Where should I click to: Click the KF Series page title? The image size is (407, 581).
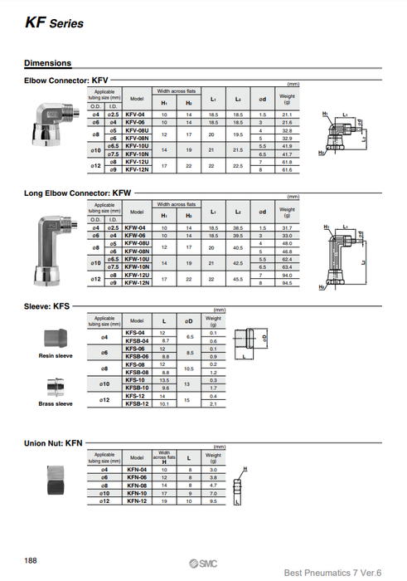click(x=54, y=23)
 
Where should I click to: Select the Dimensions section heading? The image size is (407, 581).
click(x=47, y=63)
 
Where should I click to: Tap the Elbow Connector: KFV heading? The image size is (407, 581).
click(x=66, y=81)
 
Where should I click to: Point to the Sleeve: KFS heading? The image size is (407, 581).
click(x=47, y=306)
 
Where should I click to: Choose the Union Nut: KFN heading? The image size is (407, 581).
click(x=54, y=442)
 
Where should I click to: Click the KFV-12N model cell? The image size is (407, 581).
click(x=137, y=170)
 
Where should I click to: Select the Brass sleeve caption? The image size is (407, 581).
click(x=56, y=404)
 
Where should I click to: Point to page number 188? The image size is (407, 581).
click(x=31, y=561)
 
